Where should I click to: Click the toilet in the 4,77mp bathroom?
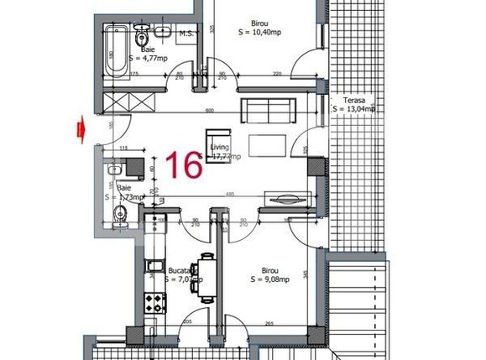[144, 34]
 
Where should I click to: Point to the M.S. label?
[186, 34]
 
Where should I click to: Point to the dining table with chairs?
[201, 274]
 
